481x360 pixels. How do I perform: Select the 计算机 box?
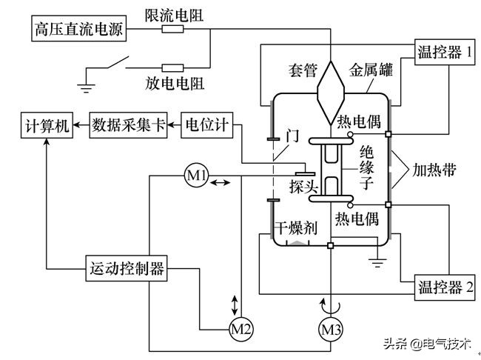(x=45, y=125)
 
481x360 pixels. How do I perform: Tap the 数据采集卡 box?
(x=129, y=125)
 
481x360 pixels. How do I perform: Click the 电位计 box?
(x=206, y=125)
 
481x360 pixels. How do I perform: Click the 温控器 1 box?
(x=443, y=52)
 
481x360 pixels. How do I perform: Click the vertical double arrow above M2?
(x=235, y=304)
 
